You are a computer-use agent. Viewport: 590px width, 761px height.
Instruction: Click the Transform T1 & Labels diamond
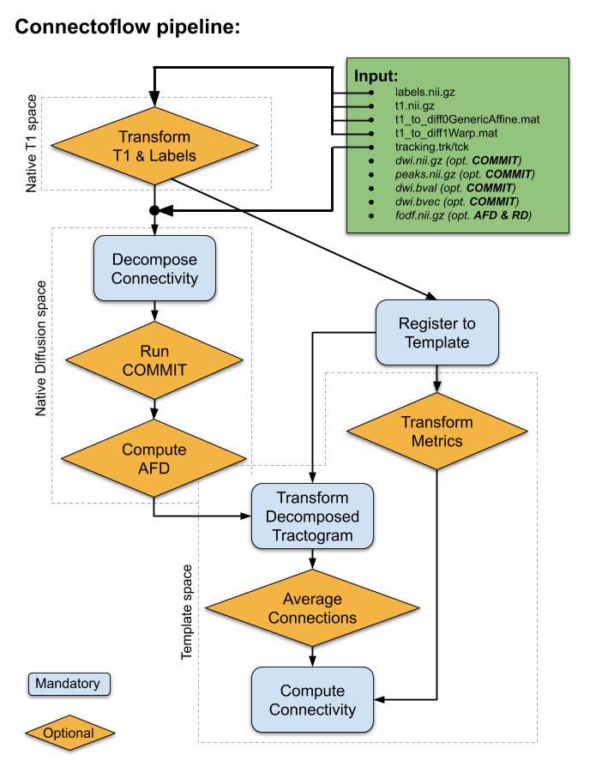[x=155, y=147]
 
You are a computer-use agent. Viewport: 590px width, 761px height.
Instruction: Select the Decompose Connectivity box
[x=154, y=269]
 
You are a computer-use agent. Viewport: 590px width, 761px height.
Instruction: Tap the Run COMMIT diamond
[x=154, y=360]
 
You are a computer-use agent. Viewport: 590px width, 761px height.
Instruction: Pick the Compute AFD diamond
[x=154, y=458]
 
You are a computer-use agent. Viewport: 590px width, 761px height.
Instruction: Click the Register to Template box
[x=437, y=333]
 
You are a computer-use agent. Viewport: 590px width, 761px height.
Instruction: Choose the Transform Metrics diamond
[x=437, y=432]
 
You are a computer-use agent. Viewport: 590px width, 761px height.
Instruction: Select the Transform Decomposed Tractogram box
[x=312, y=516]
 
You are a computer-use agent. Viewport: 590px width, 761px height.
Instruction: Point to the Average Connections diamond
[x=312, y=608]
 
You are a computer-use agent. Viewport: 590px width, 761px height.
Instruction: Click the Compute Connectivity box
[x=312, y=700]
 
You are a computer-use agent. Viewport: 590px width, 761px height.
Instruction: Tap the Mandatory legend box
[x=69, y=684]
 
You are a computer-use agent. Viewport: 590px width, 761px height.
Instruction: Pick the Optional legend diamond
[x=69, y=734]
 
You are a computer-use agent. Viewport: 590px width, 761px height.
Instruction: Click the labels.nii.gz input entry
[x=430, y=92]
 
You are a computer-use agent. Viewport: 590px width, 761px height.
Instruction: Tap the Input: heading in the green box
[x=376, y=75]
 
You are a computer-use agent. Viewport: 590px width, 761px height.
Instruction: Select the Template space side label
[x=187, y=613]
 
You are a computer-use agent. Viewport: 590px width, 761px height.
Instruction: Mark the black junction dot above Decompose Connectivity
[x=154, y=210]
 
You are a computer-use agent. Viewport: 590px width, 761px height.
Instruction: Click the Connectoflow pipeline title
[x=129, y=27]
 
